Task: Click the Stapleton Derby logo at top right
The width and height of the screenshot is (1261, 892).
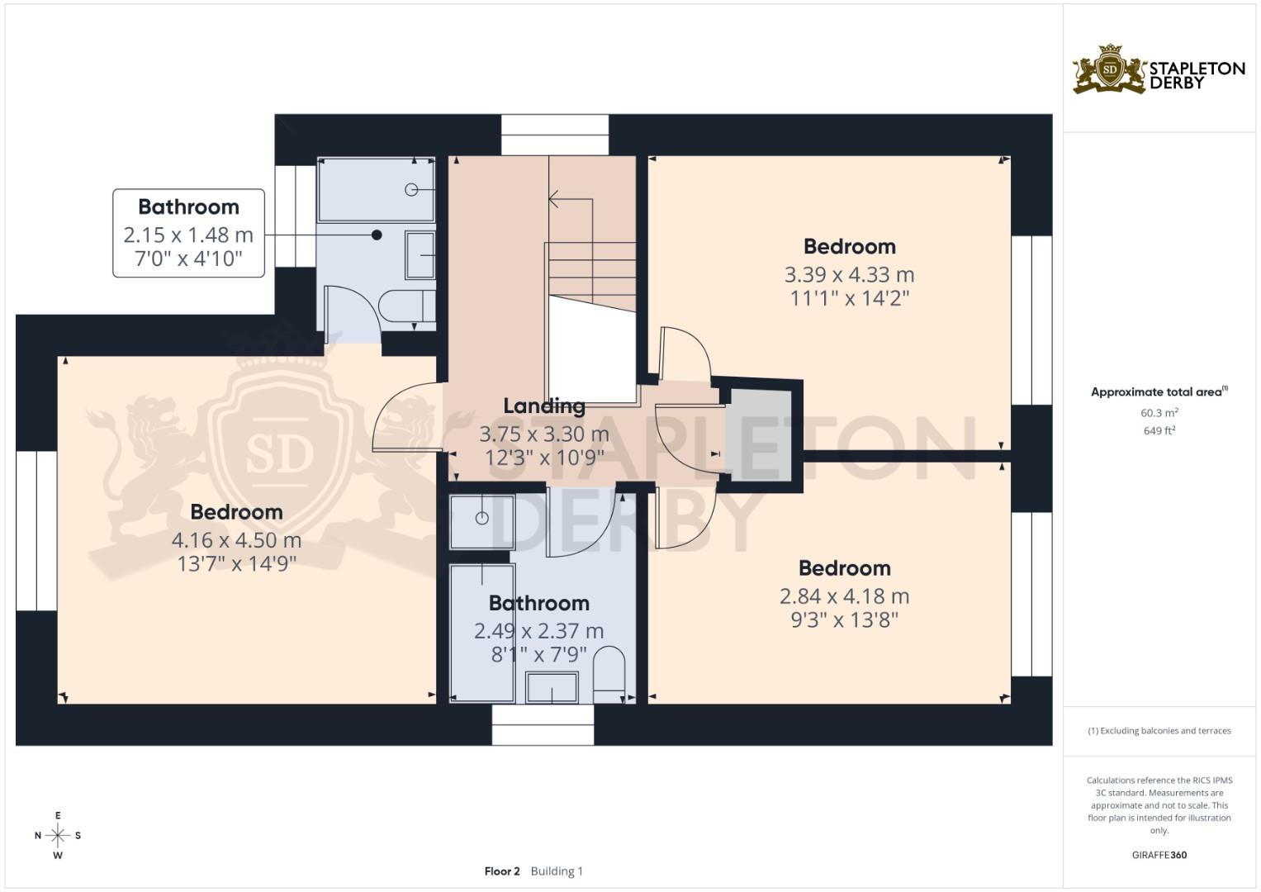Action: (x=1158, y=70)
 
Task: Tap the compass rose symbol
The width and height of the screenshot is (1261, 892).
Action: (x=58, y=835)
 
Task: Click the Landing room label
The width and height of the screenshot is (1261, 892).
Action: (x=544, y=406)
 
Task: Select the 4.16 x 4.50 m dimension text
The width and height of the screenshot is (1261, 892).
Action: (x=236, y=540)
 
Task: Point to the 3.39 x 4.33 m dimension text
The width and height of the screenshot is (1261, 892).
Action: (x=849, y=274)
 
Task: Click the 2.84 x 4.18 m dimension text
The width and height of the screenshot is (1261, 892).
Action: (x=844, y=596)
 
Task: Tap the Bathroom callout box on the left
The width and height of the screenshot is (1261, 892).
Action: (x=188, y=233)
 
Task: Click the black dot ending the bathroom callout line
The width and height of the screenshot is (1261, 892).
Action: (x=377, y=235)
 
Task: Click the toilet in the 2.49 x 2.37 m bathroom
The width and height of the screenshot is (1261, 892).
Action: (x=610, y=671)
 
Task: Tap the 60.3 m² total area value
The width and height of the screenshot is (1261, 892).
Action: (x=1159, y=412)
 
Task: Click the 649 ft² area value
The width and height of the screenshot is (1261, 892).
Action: (x=1159, y=430)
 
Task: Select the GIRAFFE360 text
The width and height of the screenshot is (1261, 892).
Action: (x=1159, y=855)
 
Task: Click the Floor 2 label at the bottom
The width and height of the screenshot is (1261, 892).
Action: (x=502, y=871)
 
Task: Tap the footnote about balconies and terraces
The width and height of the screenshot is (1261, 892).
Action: (x=1159, y=731)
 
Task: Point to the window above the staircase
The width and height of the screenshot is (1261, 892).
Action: (x=554, y=135)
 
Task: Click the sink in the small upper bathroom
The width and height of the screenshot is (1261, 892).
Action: (x=420, y=254)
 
